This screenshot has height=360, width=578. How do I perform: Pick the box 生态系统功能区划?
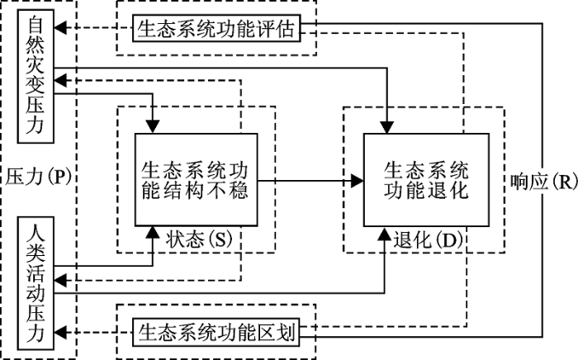(217, 333)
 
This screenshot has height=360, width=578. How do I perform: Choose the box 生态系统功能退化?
(425, 179)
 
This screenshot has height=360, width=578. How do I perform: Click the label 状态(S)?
(199, 239)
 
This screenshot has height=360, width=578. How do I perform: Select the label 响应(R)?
(543, 180)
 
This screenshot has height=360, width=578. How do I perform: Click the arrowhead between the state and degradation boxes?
(358, 179)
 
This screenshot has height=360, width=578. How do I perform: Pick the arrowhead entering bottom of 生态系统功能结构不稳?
(154, 232)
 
